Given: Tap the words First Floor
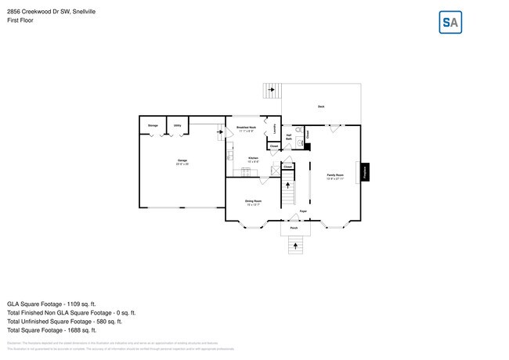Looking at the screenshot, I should [x=20, y=20].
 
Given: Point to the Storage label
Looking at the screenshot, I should [x=153, y=124].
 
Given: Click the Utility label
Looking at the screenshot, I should [x=178, y=124].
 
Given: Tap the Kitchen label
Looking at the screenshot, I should [x=253, y=159].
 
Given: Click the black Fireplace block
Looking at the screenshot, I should [x=366, y=172].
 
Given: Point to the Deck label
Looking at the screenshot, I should [x=321, y=106].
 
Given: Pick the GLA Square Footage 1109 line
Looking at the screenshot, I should [x=52, y=303].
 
